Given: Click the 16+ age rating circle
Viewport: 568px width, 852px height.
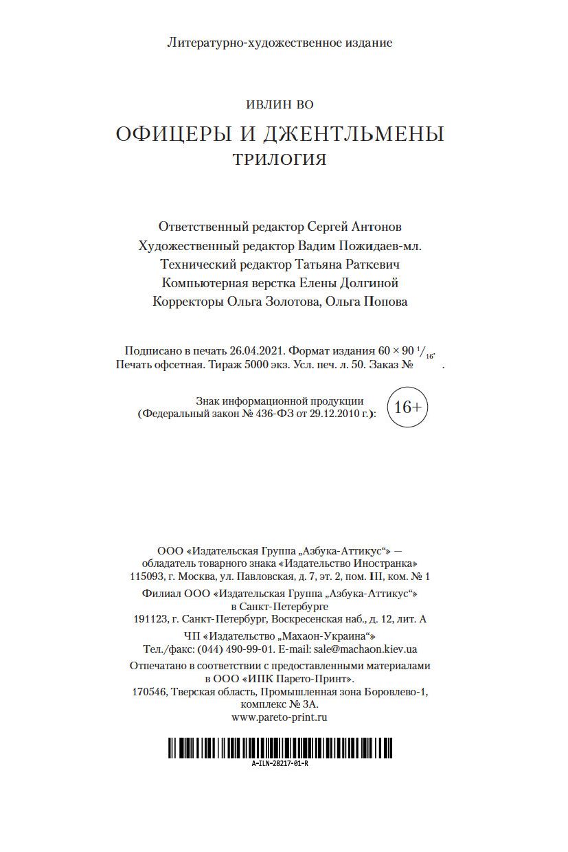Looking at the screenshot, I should pyautogui.click(x=407, y=407).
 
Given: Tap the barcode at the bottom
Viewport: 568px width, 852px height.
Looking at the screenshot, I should pyautogui.click(x=284, y=748).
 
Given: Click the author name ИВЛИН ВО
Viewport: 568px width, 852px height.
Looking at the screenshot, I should pyautogui.click(x=280, y=104).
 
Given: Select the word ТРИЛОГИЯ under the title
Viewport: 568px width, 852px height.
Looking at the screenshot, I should pyautogui.click(x=280, y=159).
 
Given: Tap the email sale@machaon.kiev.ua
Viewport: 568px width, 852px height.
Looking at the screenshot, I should pyautogui.click(x=365, y=649).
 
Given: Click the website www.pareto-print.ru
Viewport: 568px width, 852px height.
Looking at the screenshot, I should pyautogui.click(x=280, y=717).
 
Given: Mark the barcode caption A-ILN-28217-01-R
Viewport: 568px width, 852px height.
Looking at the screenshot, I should pyautogui.click(x=280, y=763).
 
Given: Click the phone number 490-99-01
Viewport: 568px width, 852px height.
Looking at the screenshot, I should pyautogui.click(x=254, y=649).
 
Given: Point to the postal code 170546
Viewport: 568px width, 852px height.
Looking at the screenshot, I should pyautogui.click(x=149, y=692).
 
